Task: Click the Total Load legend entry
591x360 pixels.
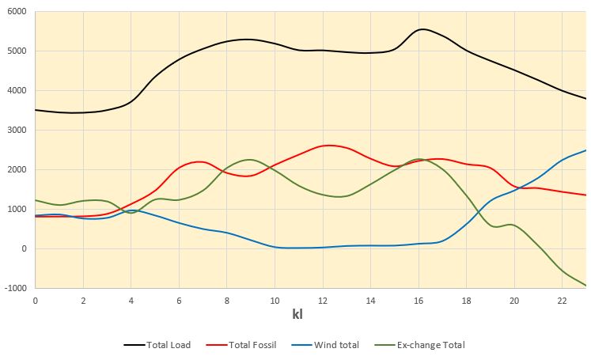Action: [x=158, y=345]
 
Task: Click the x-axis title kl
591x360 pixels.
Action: [x=297, y=315]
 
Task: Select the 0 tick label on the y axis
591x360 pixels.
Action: [x=24, y=249]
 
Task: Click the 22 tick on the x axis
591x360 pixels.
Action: [x=563, y=301]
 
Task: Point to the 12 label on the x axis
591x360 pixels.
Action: [x=323, y=301]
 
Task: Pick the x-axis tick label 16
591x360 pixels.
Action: [x=419, y=301]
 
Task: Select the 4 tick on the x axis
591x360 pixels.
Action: [x=131, y=301]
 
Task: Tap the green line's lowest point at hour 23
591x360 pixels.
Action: [x=586, y=286]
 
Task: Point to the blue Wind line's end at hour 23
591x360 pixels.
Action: [x=586, y=150]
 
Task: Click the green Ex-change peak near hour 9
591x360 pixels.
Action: [x=248, y=160]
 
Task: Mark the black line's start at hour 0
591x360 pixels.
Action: [x=36, y=110]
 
